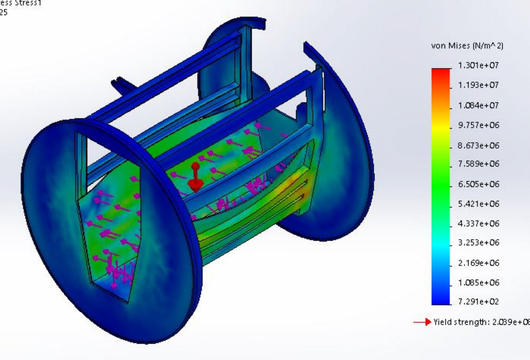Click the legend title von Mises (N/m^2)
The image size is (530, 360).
(467, 46)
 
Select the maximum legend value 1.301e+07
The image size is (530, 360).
(478, 65)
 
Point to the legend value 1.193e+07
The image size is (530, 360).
(478, 85)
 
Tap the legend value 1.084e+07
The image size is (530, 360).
(478, 106)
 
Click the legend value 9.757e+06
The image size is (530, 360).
(478, 125)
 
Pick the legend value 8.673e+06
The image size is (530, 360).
(478, 145)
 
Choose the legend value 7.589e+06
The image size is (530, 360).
(478, 164)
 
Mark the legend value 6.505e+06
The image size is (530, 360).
(478, 184)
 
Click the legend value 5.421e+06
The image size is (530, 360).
(478, 204)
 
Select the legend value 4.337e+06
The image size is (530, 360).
(478, 223)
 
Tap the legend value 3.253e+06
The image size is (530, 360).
(478, 243)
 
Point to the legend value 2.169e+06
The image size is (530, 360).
(478, 263)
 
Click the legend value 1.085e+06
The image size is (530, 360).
(478, 282)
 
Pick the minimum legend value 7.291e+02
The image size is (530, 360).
(478, 301)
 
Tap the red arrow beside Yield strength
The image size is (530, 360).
(422, 322)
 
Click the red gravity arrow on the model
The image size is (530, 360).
(195, 177)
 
